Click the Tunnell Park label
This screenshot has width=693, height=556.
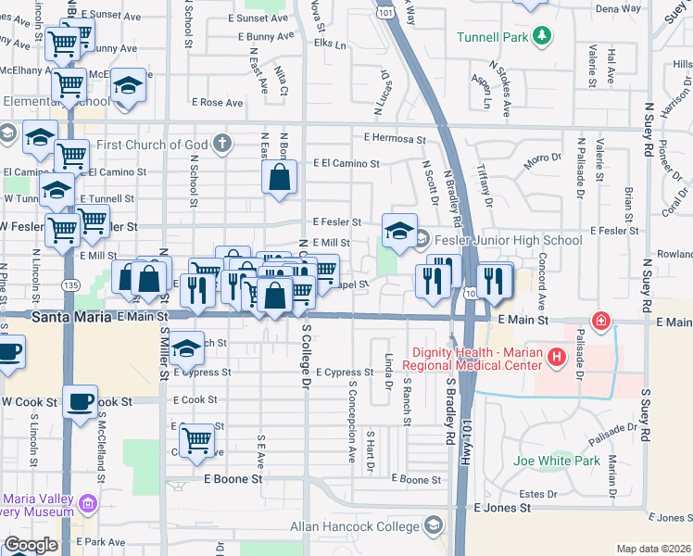491,37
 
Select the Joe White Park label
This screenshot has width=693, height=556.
557,461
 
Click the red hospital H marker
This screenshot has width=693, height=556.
556,357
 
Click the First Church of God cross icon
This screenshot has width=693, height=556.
220,144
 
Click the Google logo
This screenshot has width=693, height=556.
31,545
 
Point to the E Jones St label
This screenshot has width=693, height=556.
503,508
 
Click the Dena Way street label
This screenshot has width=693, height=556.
618,8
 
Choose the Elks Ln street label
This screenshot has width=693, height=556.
330,44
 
